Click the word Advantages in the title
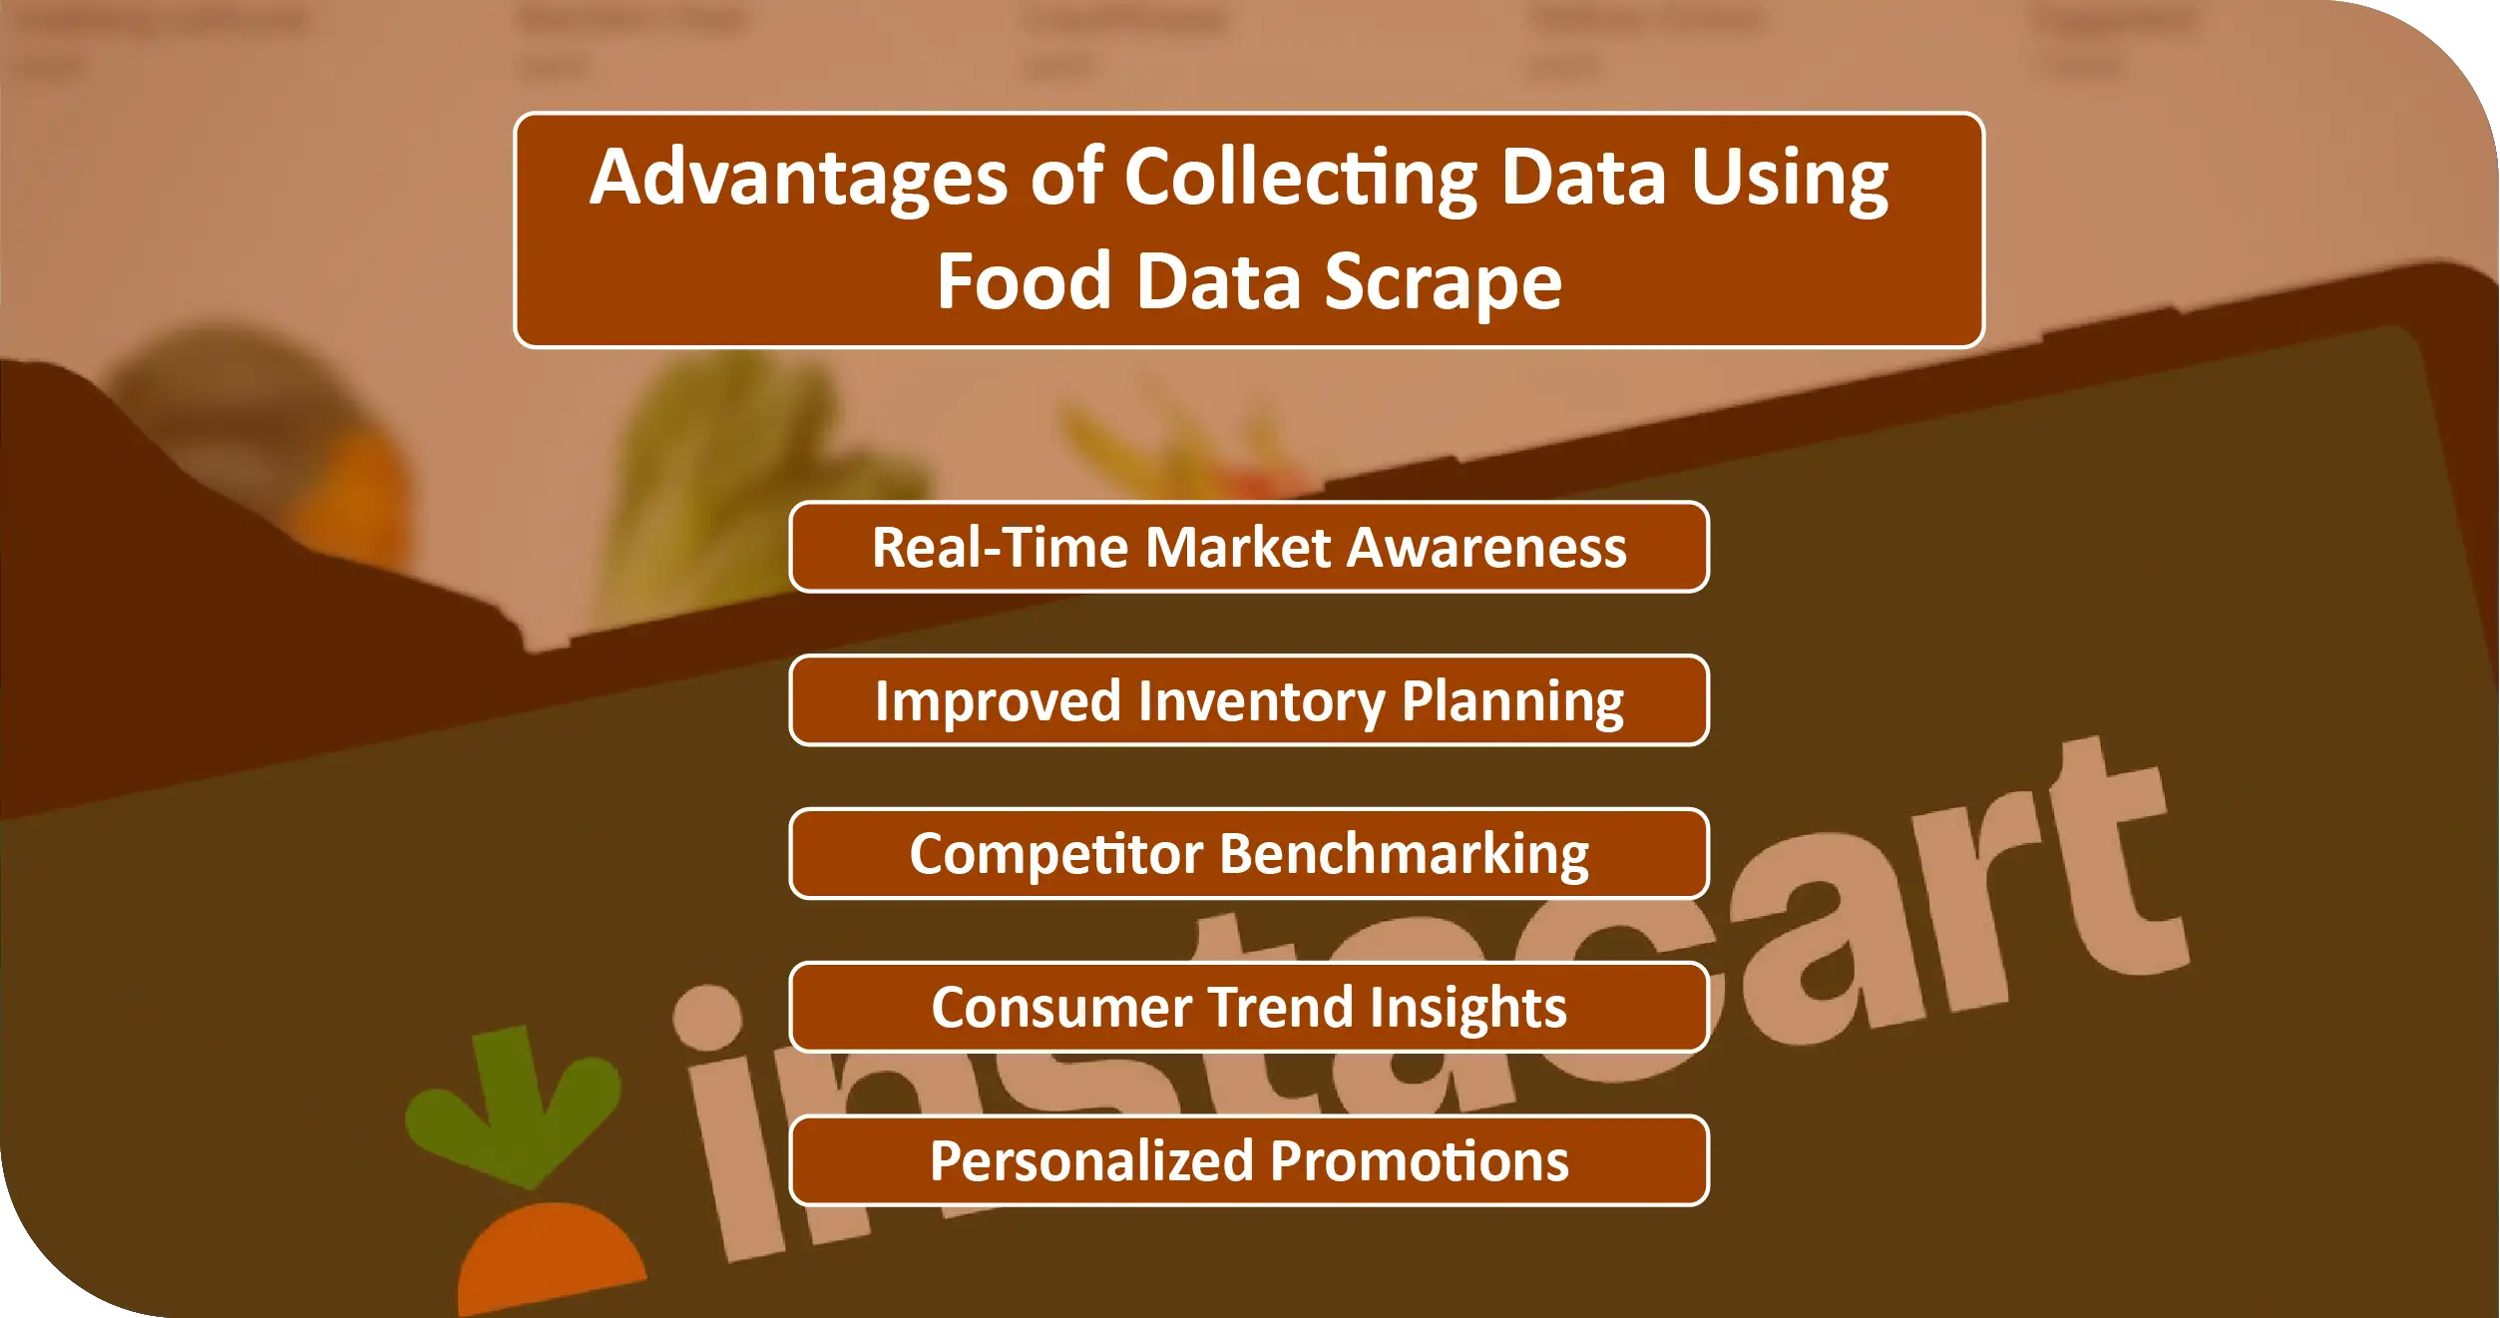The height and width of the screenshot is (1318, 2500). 798,178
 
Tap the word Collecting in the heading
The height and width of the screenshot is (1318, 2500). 1299,178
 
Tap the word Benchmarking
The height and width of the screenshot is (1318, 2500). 1404,854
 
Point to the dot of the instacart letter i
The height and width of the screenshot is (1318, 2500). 707,1017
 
